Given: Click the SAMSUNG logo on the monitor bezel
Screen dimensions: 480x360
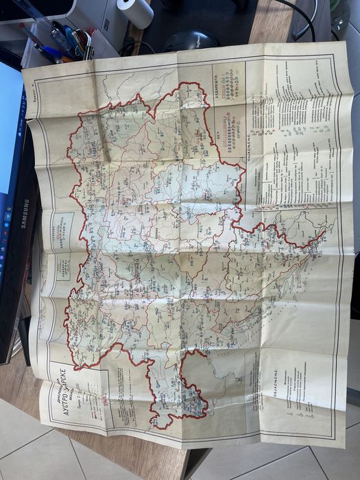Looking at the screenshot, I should [x=25, y=213].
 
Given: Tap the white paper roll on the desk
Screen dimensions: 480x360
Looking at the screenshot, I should [x=136, y=12].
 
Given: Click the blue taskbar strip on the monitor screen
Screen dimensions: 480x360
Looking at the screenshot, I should [x=7, y=226].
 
